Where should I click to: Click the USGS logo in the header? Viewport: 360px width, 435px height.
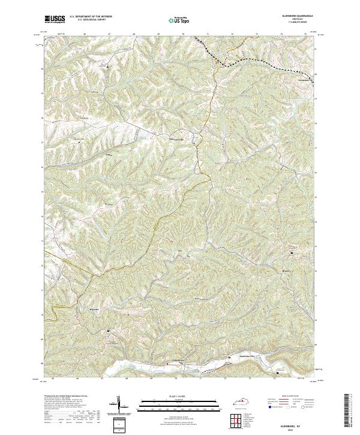click(x=55, y=19)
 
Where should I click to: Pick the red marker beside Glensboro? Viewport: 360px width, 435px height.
click(x=167, y=363)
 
